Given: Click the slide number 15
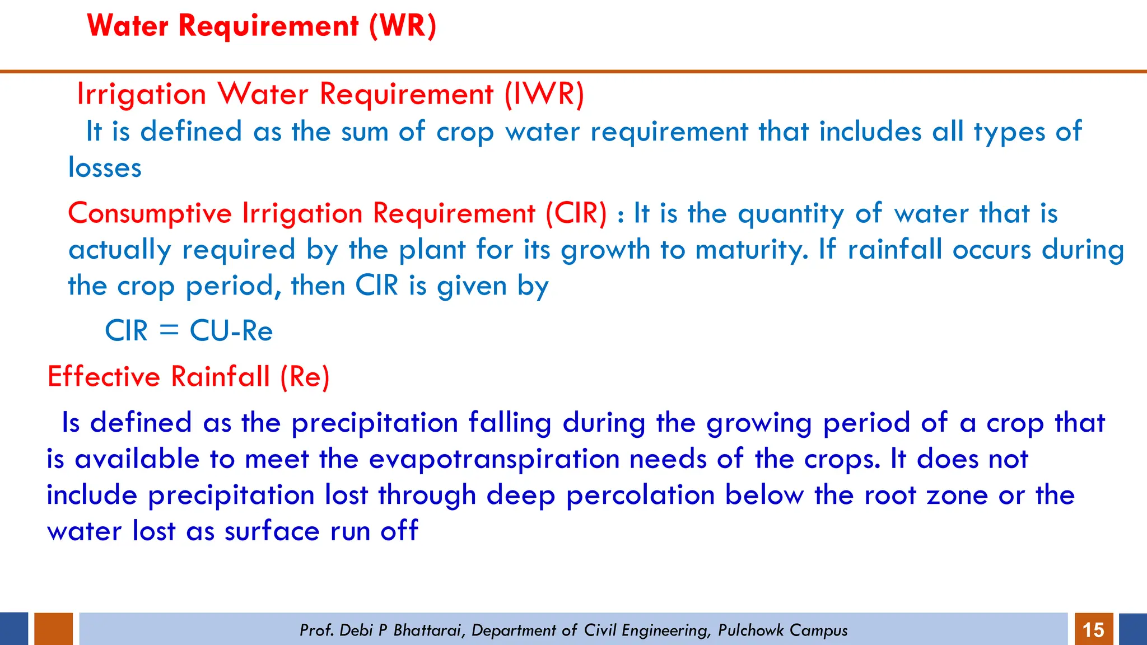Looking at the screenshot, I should (x=1093, y=630).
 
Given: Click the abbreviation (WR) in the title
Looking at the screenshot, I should (x=402, y=26).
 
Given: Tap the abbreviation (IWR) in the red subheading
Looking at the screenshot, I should (x=544, y=94).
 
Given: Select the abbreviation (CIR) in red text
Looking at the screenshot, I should (x=576, y=213).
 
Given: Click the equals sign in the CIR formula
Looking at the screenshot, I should (x=169, y=330).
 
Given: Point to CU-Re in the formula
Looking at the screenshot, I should (x=231, y=330).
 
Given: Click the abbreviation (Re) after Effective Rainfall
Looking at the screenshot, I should (x=305, y=376).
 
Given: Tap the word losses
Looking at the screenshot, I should (x=105, y=168).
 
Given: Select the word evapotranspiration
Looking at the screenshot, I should (x=494, y=459).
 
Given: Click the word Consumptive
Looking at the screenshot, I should (x=150, y=214).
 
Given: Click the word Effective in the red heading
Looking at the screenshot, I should (x=104, y=376).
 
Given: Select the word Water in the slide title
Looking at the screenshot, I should (x=128, y=26).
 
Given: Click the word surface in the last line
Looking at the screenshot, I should (x=272, y=531).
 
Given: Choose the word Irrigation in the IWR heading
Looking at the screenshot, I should (x=141, y=94).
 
